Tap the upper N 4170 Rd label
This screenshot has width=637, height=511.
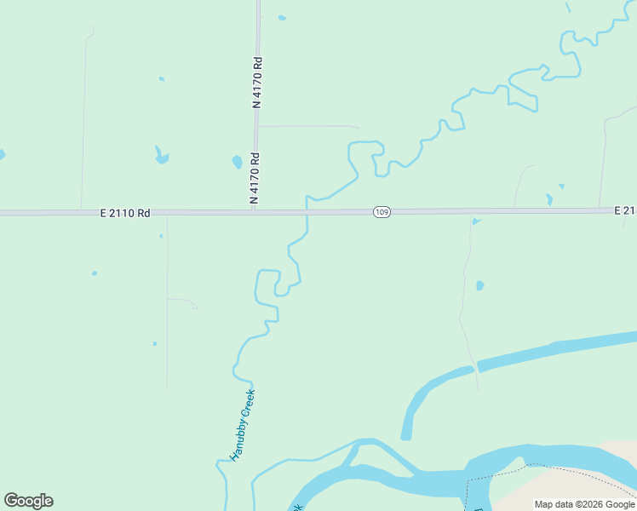click(x=256, y=82)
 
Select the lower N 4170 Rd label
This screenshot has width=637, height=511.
click(x=254, y=177)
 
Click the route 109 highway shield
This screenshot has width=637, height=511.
click(x=382, y=211)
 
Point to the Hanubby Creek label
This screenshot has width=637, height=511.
click(x=243, y=425)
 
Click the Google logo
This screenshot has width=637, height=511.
click(x=28, y=501)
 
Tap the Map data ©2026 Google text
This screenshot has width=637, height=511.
click(x=583, y=504)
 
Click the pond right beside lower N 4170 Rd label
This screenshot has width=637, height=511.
click(x=237, y=161)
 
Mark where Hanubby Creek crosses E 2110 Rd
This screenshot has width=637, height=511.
click(x=307, y=211)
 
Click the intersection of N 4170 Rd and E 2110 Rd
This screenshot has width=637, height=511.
click(x=255, y=211)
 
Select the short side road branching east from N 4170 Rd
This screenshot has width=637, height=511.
click(x=307, y=126)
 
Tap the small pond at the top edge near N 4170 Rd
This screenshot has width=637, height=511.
click(x=282, y=17)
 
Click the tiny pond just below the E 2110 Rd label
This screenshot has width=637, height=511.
click(x=160, y=236)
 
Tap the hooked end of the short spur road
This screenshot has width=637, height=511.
click(x=195, y=305)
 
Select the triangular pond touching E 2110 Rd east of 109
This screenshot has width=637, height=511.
click(x=476, y=221)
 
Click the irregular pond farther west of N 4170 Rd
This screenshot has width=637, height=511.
click(x=160, y=156)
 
